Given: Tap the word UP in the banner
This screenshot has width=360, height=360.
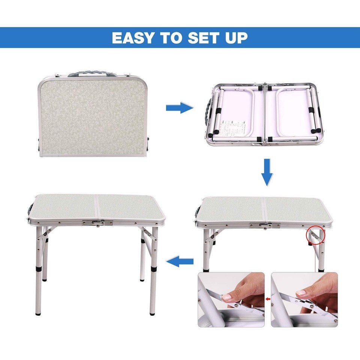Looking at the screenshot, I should point(236,38).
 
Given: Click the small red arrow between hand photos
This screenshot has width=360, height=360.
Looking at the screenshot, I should point(268,299).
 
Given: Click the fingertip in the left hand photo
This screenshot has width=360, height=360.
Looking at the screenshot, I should point(227,297).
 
